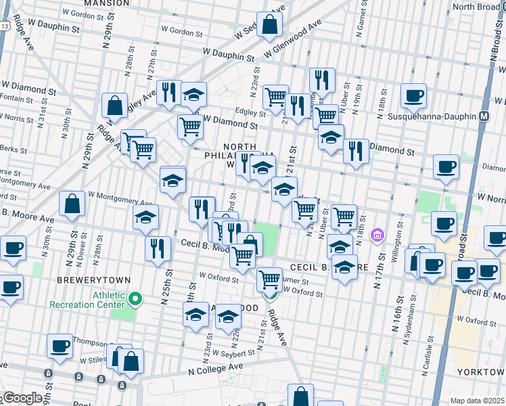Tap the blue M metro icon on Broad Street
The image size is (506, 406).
[484, 116]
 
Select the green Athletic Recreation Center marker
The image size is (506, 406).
[135, 298]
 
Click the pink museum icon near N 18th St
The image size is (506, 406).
[377, 236]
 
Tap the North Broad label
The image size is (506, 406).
[476, 6]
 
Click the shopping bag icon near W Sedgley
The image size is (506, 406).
[269, 24]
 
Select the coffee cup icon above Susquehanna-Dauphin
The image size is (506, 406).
[413, 95]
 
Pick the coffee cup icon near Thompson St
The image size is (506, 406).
[60, 346]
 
